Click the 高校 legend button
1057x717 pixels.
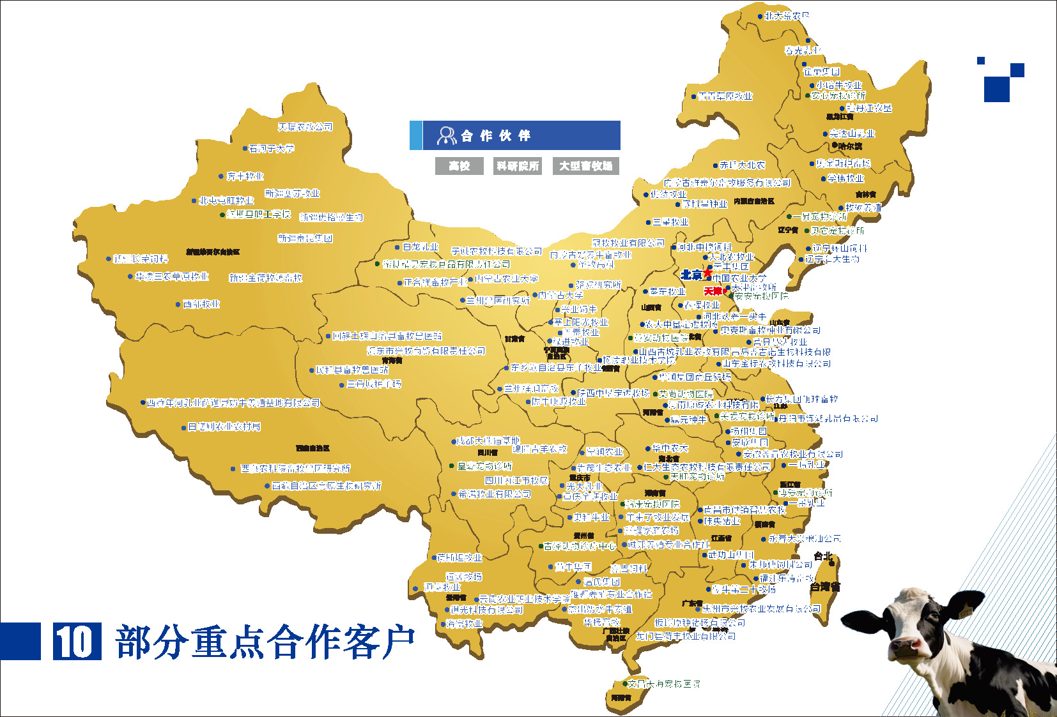tap(459, 166)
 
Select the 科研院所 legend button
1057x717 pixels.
tap(518, 166)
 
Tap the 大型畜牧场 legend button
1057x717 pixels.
tap(585, 166)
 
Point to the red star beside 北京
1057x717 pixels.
tap(708, 273)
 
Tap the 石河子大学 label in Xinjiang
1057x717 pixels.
tap(272, 149)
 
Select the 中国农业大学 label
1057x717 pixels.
tap(739, 278)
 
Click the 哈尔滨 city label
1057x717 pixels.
tap(850, 146)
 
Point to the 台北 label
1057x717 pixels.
tap(823, 556)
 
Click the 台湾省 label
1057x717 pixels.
tap(825, 586)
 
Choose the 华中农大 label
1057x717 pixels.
tap(670, 448)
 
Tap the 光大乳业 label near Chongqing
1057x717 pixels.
tap(584, 487)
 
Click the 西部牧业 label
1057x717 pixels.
tap(201, 304)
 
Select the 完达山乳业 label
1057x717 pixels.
tap(852, 133)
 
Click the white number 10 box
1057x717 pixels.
tap(77, 641)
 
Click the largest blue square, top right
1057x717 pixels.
tap(996, 89)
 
